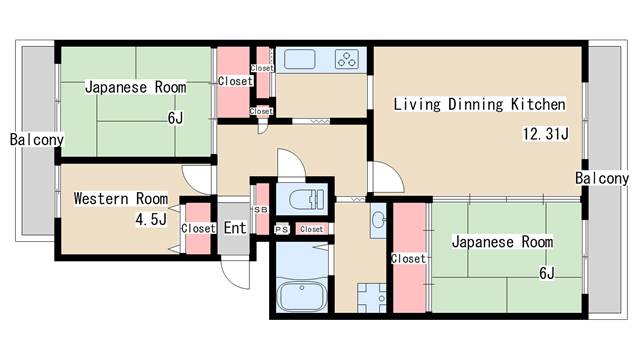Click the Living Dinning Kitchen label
pyautogui.click(x=480, y=104)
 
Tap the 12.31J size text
pyautogui.click(x=546, y=134)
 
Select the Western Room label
pyautogui.click(x=121, y=199)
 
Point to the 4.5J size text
pyautogui.click(x=151, y=220)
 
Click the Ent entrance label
pyautogui.click(x=235, y=228)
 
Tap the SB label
pyautogui.click(x=261, y=210)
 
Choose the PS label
pyautogui.click(x=282, y=230)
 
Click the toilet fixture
pyautogui.click(x=306, y=200)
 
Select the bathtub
pyautogui.click(x=302, y=296)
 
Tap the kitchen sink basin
pyautogui.click(x=300, y=60)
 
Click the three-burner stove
pyautogui.click(x=347, y=59)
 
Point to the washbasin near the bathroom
pyautogui.click(x=378, y=220)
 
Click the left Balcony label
pyautogui.click(x=37, y=140)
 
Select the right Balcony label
pyautogui.click(x=602, y=178)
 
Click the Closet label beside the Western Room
pyautogui.click(x=198, y=228)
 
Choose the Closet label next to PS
pyautogui.click(x=311, y=229)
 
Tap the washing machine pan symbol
pyautogui.click(x=372, y=298)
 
